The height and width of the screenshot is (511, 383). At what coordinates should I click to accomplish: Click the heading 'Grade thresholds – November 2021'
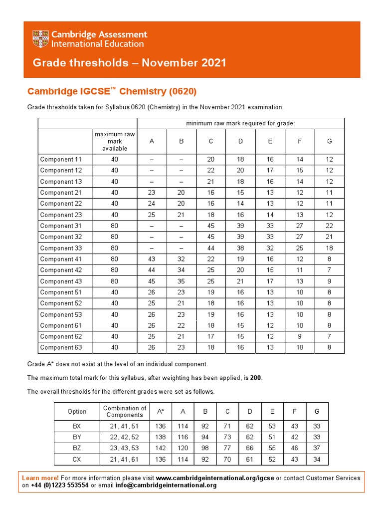129,63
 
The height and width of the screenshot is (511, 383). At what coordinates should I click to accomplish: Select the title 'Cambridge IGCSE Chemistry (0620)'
112,91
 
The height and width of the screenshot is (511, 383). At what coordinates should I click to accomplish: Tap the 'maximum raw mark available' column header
115,141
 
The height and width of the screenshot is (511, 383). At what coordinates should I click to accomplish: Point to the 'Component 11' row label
60,160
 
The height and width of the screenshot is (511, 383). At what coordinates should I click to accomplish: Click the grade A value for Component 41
152,259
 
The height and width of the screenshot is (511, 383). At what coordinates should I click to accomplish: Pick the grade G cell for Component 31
329,226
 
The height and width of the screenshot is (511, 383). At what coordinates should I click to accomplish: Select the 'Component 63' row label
60,348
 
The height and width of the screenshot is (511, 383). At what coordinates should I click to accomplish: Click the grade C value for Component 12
211,171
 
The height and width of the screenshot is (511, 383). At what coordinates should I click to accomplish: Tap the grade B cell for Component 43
182,281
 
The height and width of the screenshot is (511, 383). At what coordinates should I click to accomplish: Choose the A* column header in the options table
161,412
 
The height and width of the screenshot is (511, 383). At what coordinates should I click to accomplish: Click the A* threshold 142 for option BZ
161,448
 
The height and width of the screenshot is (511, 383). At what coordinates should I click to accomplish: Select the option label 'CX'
77,459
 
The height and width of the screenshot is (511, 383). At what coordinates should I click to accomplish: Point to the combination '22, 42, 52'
125,437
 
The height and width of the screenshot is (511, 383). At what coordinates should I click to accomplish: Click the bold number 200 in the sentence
256,378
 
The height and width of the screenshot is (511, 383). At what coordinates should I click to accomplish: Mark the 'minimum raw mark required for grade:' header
240,123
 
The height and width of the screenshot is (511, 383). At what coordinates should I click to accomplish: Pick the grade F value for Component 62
300,337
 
